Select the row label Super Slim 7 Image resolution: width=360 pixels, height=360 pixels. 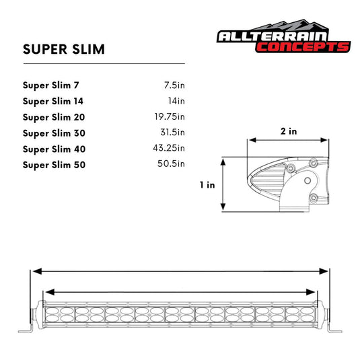[x=50, y=85]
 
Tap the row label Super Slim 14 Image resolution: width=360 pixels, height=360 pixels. [x=53, y=102]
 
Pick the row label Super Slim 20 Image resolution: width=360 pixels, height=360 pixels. [x=54, y=117]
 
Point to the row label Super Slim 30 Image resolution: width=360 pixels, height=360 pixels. [x=54, y=133]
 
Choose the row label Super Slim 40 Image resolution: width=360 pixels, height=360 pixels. [x=54, y=149]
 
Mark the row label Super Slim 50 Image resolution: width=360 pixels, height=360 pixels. [x=54, y=165]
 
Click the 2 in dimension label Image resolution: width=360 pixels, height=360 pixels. [x=289, y=131]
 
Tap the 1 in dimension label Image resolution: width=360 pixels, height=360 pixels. [x=207, y=185]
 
